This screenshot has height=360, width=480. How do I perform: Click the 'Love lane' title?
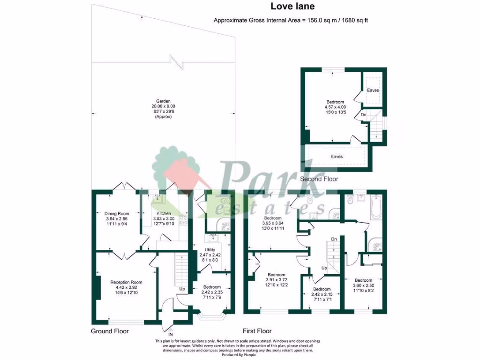tap(292, 7)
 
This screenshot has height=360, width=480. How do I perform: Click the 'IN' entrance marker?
tap(171, 335)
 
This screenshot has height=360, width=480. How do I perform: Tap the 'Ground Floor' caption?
tap(110, 331)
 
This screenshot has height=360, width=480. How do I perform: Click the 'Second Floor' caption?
tap(319, 179)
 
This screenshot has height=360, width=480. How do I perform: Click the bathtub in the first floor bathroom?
tap(376, 208)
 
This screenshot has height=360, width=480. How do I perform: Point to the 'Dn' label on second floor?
tap(363, 114)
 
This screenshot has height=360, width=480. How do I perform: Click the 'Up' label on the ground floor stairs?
tap(180, 289)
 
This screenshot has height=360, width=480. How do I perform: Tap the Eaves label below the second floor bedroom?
tap(337, 157)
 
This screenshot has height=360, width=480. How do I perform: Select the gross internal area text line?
tap(293, 21)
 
